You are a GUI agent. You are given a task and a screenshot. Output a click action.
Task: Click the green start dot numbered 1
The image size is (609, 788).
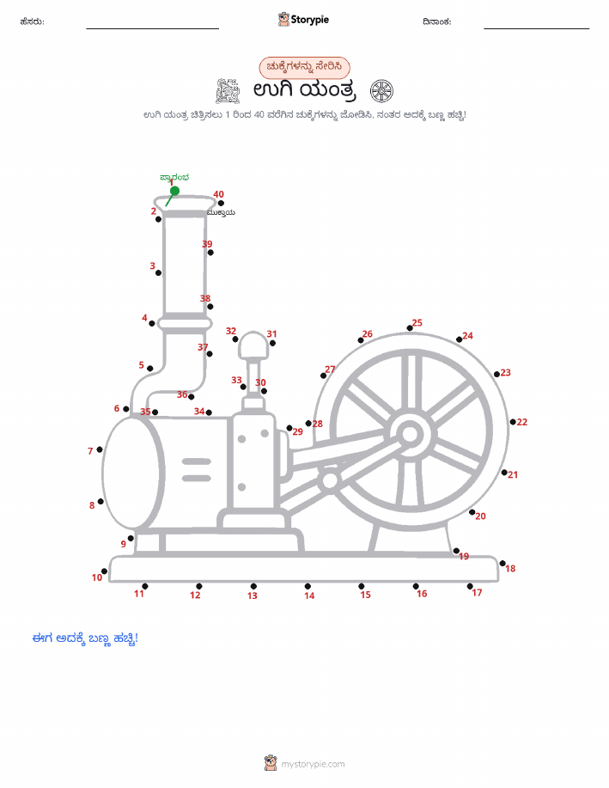[175, 191]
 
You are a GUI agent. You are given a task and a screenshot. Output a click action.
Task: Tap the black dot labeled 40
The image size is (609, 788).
[221, 203]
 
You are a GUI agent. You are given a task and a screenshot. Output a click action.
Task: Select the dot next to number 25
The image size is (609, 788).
[410, 328]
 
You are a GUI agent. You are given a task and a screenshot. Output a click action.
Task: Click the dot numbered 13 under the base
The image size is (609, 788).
[253, 586]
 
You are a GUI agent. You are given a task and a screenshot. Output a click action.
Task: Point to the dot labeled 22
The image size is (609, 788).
[513, 422]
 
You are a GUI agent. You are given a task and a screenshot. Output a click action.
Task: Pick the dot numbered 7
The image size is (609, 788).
[100, 449]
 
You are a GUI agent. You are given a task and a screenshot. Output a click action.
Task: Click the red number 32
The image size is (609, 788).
[231, 331]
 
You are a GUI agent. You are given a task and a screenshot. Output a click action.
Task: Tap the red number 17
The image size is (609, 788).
[477, 593]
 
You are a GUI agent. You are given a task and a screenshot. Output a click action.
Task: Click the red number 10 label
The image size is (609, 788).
[97, 577]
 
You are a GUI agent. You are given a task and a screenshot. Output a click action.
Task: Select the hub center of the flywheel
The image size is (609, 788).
[410, 434]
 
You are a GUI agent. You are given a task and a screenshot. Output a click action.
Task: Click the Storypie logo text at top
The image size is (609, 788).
[309, 20]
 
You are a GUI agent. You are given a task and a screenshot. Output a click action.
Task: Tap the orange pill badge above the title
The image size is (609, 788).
[304, 67]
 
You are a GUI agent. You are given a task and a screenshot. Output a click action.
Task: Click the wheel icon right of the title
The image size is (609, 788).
[381, 91]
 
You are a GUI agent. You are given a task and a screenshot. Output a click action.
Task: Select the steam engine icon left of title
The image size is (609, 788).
[228, 91]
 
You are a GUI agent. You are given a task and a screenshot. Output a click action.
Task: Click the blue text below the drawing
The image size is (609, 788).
[85, 638]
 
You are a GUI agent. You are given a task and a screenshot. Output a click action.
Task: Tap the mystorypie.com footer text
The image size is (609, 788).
[313, 764]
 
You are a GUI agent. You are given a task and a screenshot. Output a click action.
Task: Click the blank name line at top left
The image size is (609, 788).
[152, 28]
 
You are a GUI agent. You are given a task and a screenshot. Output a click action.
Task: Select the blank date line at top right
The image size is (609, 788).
[536, 28]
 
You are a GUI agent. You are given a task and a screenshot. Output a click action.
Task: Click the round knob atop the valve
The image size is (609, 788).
[253, 345]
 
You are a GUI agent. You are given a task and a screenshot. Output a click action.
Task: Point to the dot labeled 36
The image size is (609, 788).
[191, 397]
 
